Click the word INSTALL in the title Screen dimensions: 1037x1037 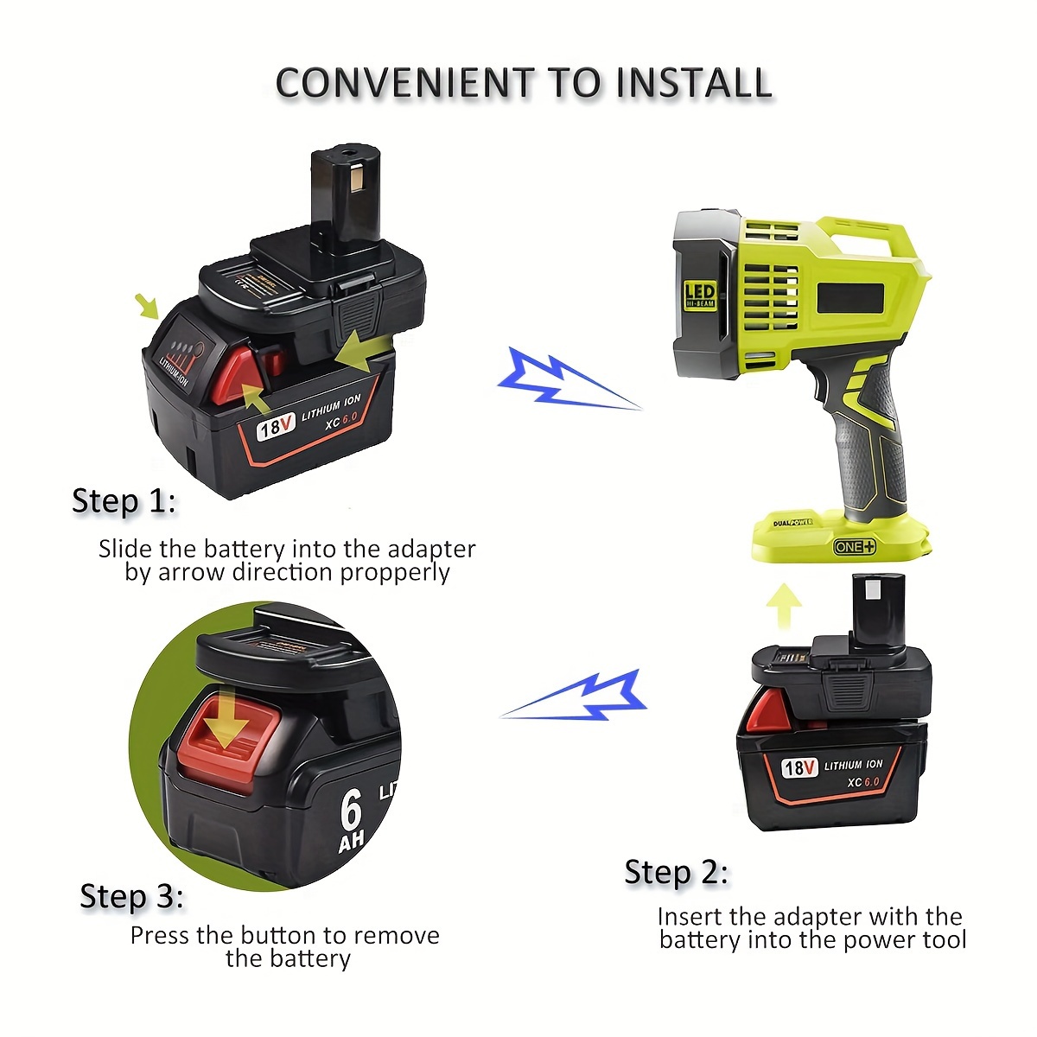point(694,83)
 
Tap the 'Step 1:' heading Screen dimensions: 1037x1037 point(124,501)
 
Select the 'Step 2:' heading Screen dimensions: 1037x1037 point(676,872)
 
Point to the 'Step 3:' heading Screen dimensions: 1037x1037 point(131,896)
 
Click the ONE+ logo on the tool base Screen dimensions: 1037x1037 point(855,546)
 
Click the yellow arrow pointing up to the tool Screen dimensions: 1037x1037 point(784,606)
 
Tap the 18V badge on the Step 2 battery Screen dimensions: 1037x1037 point(798,767)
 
